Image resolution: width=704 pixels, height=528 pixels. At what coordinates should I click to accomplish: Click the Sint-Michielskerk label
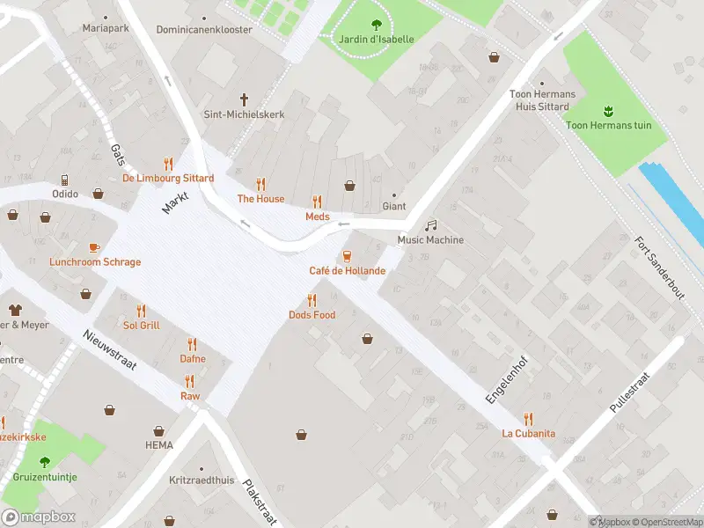tap(244, 114)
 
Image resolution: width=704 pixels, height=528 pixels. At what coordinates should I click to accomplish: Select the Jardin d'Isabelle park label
tap(377, 39)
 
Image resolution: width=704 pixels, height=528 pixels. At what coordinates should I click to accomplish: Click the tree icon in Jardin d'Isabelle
tap(377, 25)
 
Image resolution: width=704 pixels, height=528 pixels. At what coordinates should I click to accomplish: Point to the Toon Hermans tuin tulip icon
tap(609, 111)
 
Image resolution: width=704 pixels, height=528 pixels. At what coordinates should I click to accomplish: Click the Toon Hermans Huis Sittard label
tap(543, 100)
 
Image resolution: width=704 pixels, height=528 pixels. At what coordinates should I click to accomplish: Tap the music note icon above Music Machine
tap(430, 225)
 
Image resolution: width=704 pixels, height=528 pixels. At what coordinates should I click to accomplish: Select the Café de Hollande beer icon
tap(347, 256)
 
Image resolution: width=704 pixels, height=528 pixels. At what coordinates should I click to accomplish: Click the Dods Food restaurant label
tap(312, 315)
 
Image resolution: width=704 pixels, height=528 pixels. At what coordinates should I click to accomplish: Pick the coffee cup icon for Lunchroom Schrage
tap(95, 247)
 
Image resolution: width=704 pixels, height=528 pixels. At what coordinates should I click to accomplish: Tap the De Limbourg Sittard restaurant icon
tap(168, 164)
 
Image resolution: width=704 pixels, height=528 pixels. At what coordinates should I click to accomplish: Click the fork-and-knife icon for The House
tap(260, 184)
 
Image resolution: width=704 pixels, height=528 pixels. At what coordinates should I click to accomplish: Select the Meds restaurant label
tap(317, 216)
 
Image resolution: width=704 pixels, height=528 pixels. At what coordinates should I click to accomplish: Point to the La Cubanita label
tap(528, 433)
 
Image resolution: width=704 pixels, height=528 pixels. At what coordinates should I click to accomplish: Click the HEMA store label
tap(158, 446)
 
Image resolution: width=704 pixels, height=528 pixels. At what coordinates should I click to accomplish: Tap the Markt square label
tap(175, 199)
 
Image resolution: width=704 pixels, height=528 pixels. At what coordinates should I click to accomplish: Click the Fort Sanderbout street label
tap(659, 269)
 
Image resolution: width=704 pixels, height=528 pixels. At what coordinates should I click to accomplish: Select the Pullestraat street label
tap(634, 391)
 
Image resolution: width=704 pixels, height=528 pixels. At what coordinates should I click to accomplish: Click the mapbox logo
tap(39, 517)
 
